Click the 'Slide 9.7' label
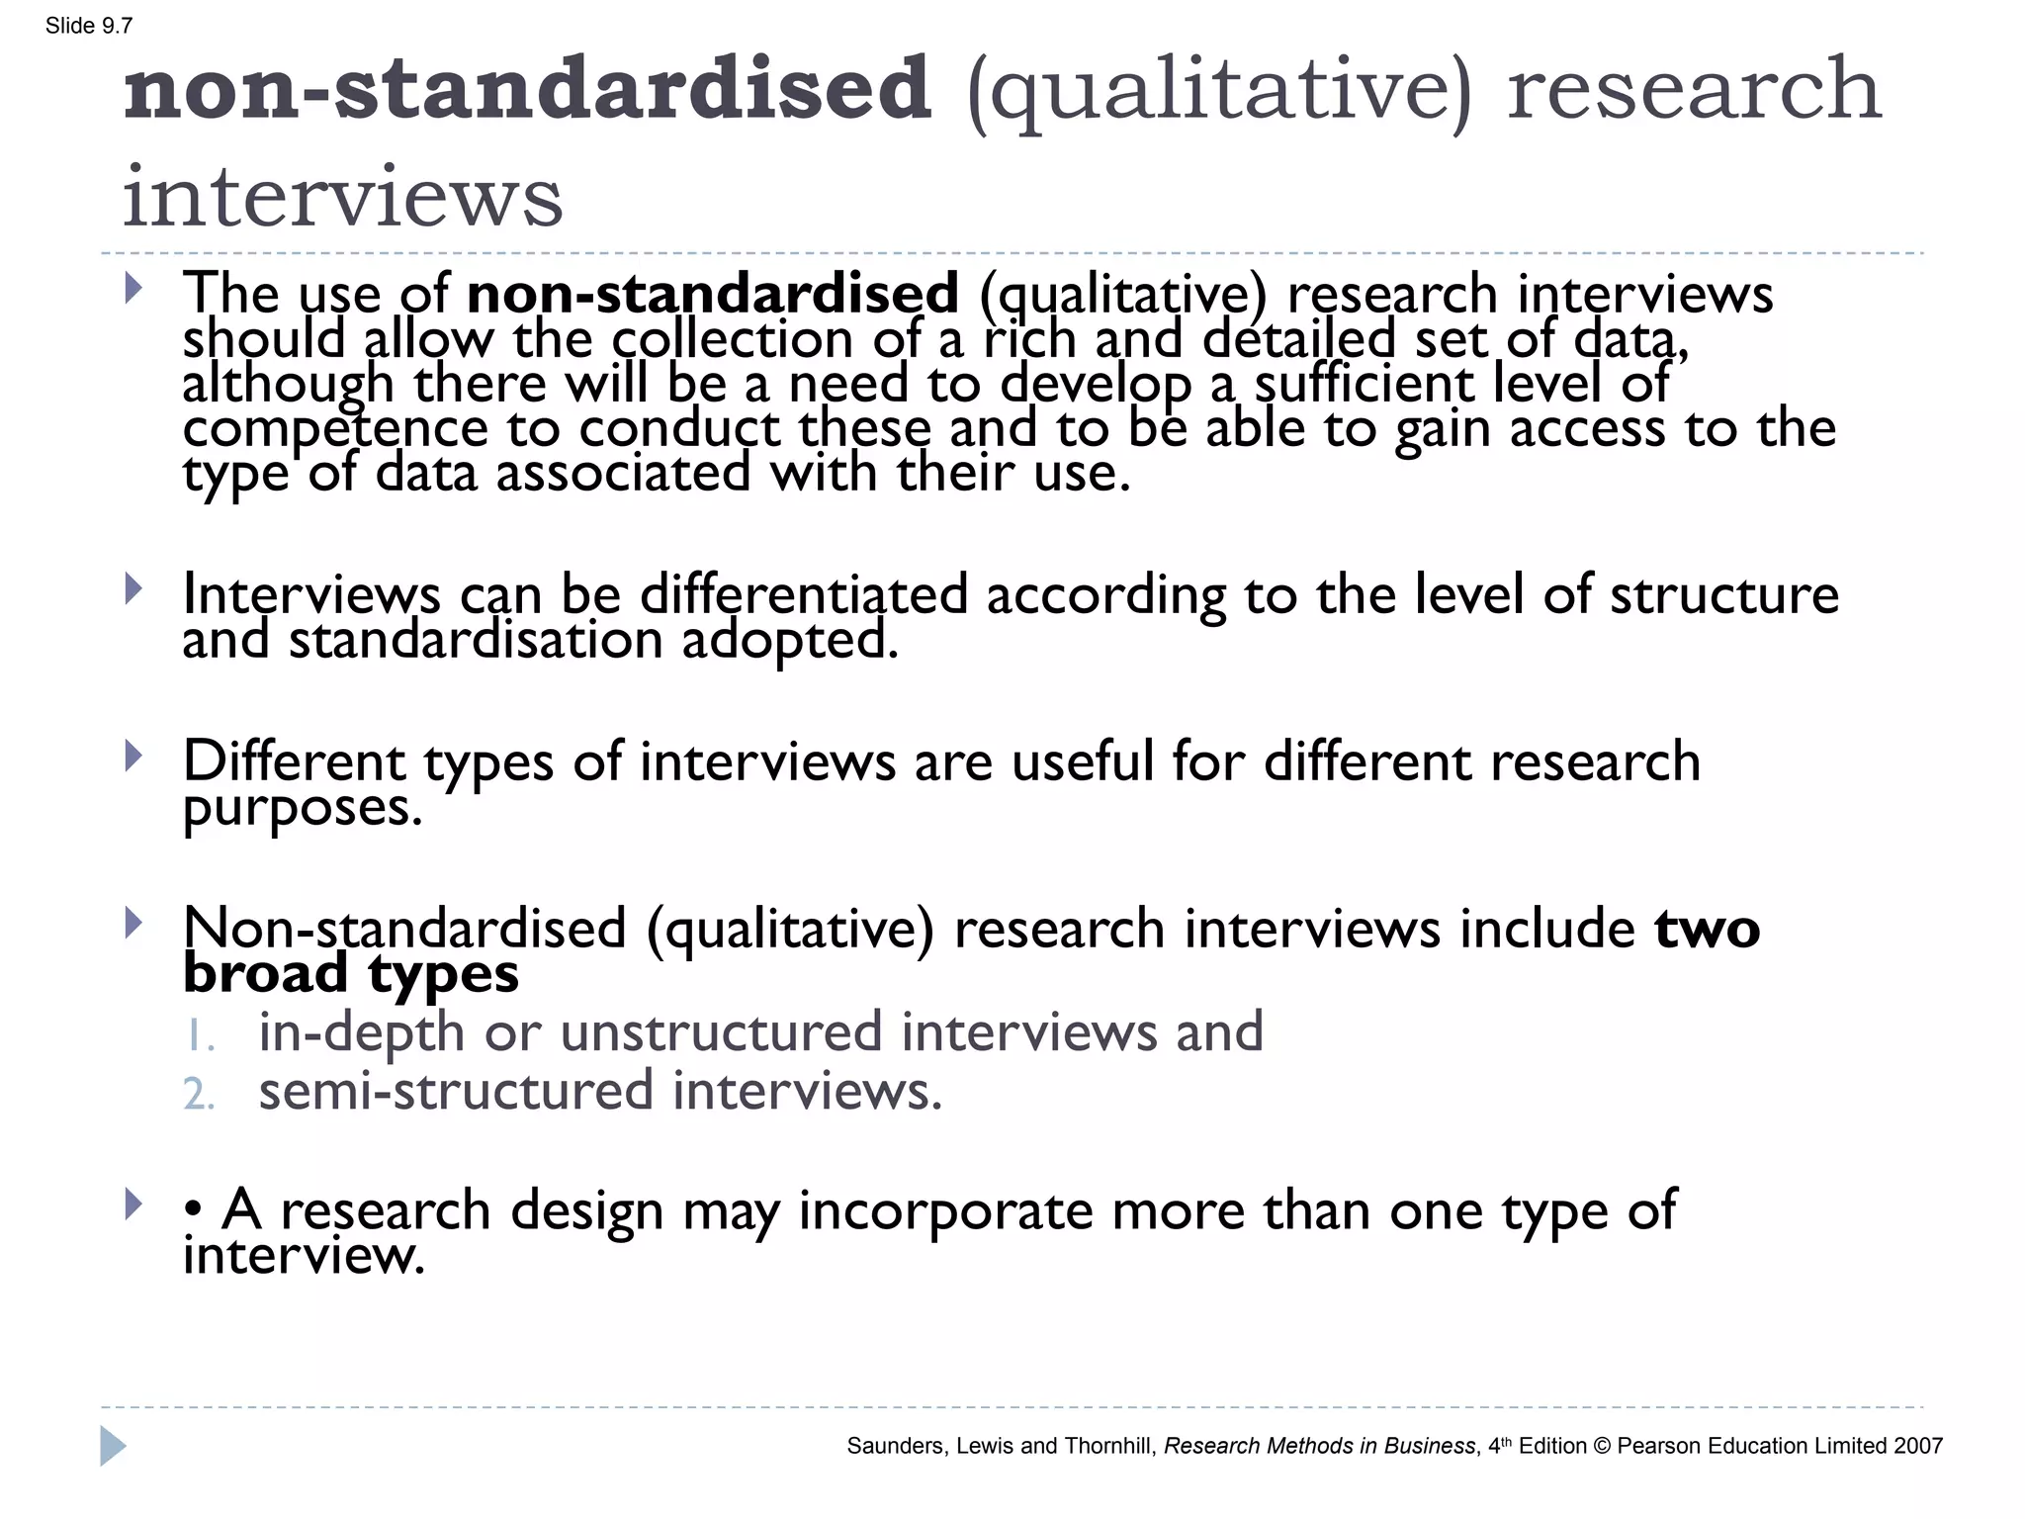[x=89, y=26]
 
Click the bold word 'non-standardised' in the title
[x=527, y=89]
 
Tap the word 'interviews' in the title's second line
[x=342, y=196]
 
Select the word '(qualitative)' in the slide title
[x=1219, y=91]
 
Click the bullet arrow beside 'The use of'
[x=133, y=289]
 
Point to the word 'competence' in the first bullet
[x=335, y=428]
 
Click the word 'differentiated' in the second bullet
[x=803, y=594]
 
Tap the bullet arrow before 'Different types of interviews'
[x=133, y=757]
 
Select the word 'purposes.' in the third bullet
[x=303, y=808]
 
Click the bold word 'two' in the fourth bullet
[x=1707, y=929]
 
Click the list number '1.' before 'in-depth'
[x=199, y=1035]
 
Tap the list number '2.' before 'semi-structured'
[x=199, y=1094]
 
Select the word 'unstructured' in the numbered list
[x=721, y=1031]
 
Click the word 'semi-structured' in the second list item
[x=456, y=1091]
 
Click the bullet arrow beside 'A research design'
[x=133, y=1205]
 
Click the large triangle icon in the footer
[x=113, y=1447]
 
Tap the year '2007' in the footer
[x=1917, y=1446]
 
